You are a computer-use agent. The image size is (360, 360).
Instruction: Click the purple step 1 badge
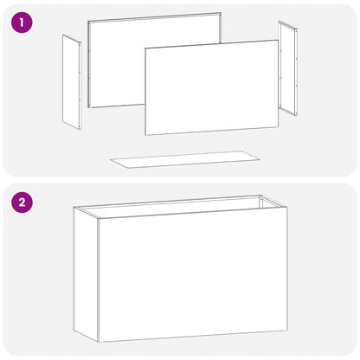22,22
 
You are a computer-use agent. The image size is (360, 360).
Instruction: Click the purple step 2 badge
22,202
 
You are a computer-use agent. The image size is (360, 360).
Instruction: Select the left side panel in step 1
72,82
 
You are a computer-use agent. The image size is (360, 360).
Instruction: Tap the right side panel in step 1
288,68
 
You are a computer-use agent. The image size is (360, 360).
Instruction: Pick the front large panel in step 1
212,87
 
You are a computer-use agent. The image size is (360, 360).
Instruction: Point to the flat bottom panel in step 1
185,159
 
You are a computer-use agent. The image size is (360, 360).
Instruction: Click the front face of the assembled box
193,274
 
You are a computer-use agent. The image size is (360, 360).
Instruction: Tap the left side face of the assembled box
86,274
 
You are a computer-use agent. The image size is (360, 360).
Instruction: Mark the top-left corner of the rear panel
88,22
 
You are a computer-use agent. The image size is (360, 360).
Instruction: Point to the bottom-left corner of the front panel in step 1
145,135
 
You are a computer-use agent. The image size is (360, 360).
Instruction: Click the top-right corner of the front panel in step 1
278,41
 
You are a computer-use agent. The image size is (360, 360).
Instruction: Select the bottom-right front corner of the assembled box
287,331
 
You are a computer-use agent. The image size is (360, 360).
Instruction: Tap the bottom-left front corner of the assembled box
99,343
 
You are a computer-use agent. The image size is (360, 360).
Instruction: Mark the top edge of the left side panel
72,39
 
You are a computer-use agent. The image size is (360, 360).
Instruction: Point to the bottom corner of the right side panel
295,116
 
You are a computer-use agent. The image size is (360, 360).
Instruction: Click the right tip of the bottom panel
260,158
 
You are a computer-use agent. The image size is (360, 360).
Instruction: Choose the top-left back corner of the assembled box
74,207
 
